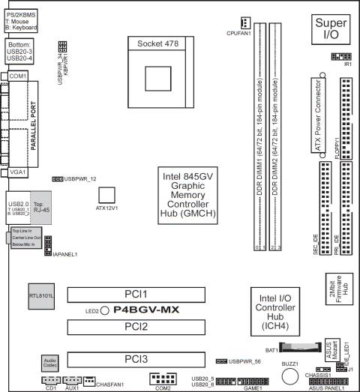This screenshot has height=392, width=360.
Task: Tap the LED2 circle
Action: (105, 310)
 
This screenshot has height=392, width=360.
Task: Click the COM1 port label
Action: (19, 76)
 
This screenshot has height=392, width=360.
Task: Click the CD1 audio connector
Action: (50, 382)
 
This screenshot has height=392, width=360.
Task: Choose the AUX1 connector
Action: (73, 382)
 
